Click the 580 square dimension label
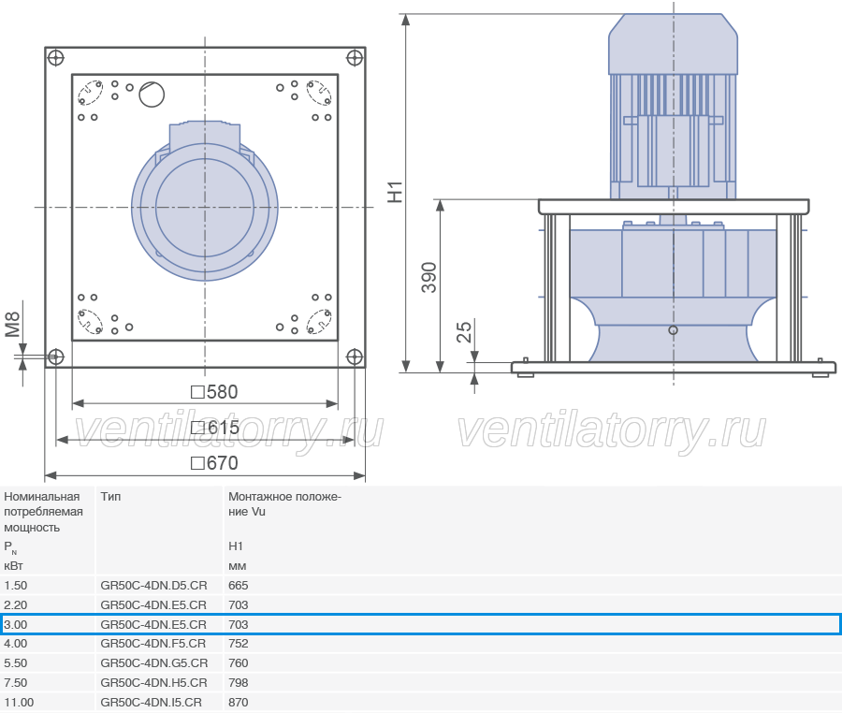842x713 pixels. click(x=214, y=392)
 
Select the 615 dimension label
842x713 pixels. click(x=215, y=428)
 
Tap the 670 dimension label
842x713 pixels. click(x=214, y=463)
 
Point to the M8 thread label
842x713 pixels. click(x=12, y=325)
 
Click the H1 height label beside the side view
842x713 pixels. click(x=395, y=192)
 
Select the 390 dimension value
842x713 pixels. click(x=428, y=278)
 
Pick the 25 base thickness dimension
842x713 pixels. click(x=464, y=332)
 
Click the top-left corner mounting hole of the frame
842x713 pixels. click(x=56, y=57)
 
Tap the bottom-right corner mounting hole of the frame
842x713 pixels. click(x=355, y=356)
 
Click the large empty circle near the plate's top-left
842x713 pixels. click(x=152, y=95)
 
